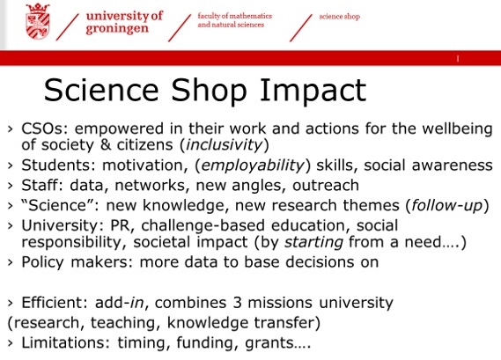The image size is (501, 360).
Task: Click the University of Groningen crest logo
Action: pyautogui.click(x=38, y=21)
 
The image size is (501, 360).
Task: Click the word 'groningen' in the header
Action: pyautogui.click(x=117, y=29)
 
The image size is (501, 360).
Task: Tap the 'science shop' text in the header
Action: pyautogui.click(x=340, y=17)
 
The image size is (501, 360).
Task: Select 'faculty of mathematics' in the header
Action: pyautogui.click(x=235, y=16)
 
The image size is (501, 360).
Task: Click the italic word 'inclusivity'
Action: pyautogui.click(x=224, y=144)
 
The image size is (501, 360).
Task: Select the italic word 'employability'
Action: pyautogui.click(x=253, y=165)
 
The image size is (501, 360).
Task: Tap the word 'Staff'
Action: pyautogui.click(x=43, y=185)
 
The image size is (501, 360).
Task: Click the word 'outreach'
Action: pyautogui.click(x=326, y=186)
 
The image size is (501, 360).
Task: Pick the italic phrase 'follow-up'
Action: pyautogui.click(x=447, y=205)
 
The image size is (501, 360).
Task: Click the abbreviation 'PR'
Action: pyautogui.click(x=120, y=225)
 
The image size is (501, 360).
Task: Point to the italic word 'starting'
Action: pyautogui.click(x=313, y=242)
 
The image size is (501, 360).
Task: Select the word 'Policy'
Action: pyautogui.click(x=42, y=262)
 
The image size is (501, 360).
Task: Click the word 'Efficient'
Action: pyautogui.click(x=53, y=303)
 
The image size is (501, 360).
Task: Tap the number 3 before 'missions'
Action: pyautogui.click(x=237, y=303)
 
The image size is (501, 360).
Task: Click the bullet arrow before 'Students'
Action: pyautogui.click(x=11, y=165)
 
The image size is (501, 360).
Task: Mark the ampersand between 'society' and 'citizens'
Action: pyautogui.click(x=105, y=144)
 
